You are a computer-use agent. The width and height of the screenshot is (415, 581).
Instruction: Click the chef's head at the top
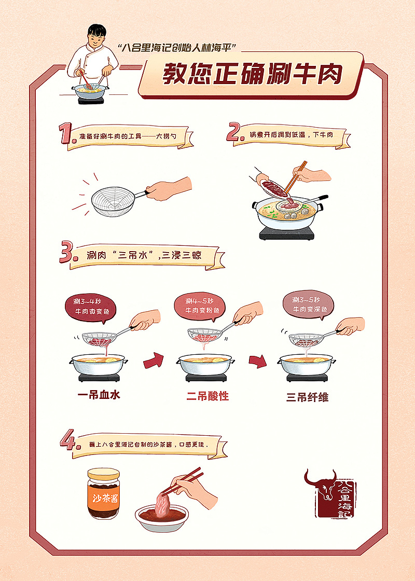point(96,36)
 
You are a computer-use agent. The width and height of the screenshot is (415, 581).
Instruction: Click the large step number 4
point(68,440)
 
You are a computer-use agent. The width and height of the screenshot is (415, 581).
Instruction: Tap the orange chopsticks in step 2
point(296,177)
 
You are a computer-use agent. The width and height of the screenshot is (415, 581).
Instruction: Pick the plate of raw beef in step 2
point(274,188)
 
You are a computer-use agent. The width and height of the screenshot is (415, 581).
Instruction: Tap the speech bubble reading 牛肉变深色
point(309,305)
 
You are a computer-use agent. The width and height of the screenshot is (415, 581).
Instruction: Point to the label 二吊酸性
point(208,396)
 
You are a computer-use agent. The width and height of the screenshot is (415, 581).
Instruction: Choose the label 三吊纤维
point(307,397)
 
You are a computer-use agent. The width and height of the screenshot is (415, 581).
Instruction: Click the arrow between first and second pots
point(154,361)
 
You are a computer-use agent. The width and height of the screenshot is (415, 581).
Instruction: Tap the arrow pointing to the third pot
point(257,361)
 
